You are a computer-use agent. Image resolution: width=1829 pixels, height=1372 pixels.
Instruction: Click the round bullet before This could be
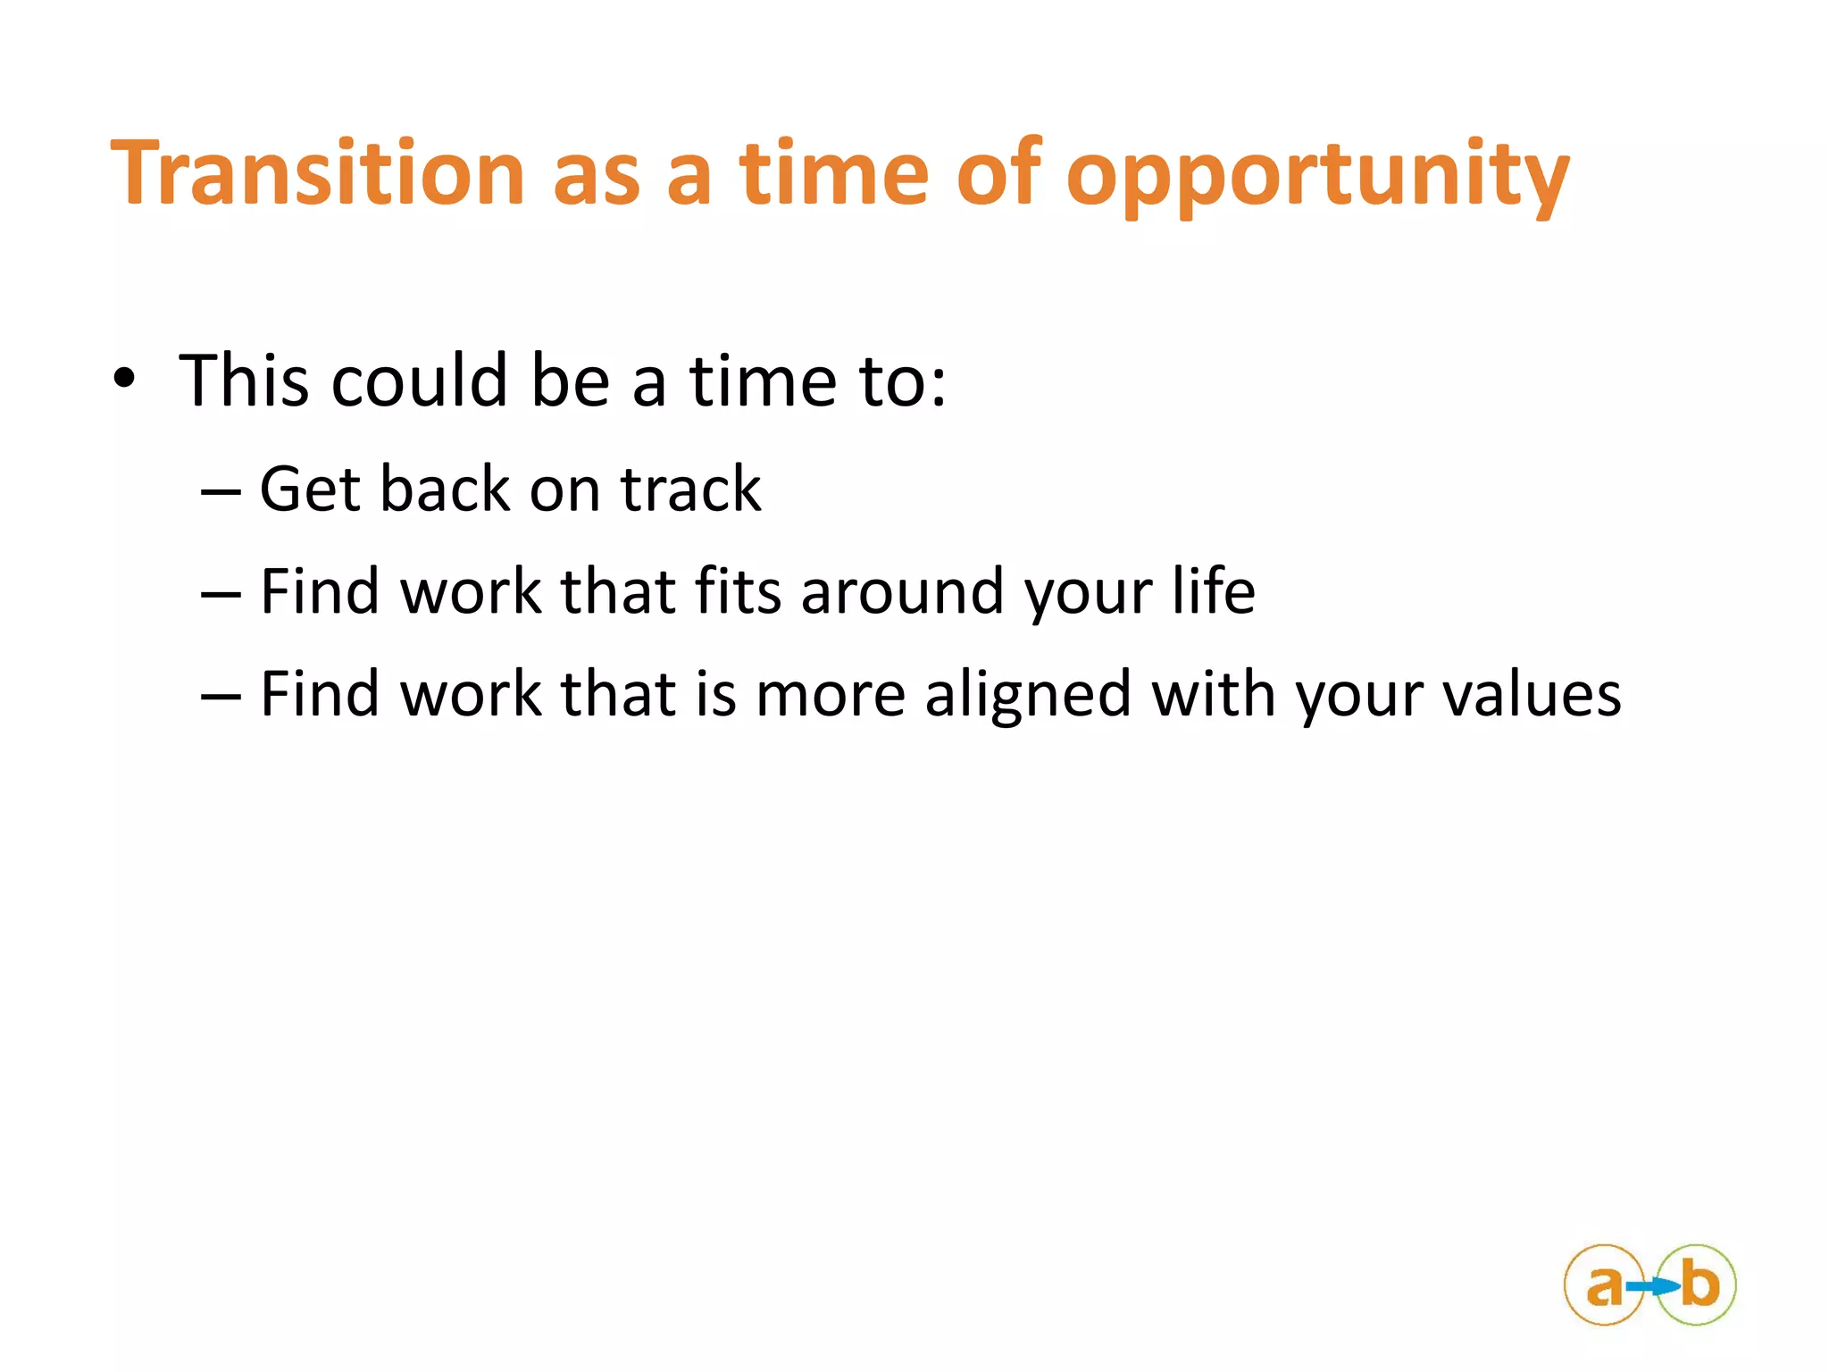tap(124, 381)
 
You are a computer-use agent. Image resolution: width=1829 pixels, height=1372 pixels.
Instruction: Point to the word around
tap(902, 593)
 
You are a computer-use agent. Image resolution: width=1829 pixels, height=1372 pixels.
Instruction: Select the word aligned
tap(1027, 695)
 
